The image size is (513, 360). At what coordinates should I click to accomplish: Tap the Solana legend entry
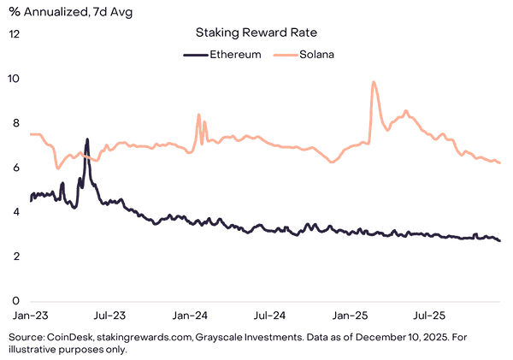(304, 54)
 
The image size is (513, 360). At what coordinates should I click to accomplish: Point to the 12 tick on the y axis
(15, 34)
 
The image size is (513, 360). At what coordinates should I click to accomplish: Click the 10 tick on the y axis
(15, 79)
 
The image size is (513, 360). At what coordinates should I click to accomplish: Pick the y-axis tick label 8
(15, 123)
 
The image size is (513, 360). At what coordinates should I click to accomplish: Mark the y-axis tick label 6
(15, 168)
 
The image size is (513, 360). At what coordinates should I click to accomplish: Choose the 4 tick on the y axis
(15, 212)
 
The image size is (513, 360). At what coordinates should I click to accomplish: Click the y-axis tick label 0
(15, 301)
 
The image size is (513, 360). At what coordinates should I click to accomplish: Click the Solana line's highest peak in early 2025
(374, 82)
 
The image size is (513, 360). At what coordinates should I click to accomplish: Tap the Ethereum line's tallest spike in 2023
(87, 139)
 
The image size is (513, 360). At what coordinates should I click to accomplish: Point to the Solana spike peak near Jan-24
(198, 115)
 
